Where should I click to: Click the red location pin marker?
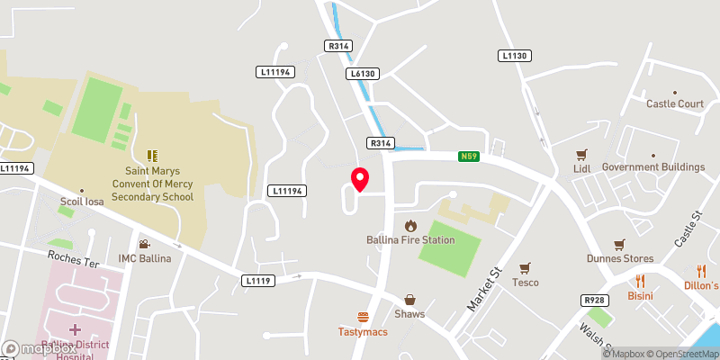coord(359,178)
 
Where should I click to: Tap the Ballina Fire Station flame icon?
coord(411,225)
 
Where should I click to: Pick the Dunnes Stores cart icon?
coord(619,245)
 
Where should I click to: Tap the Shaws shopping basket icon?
coord(409,300)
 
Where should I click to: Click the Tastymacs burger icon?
coord(364,316)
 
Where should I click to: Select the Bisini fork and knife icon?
coord(640,281)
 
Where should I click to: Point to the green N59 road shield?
coord(468,157)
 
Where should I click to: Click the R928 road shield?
coord(593,300)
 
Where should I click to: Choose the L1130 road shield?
coord(515,56)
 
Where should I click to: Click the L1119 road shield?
coord(257,281)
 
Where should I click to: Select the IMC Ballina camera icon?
coord(144,244)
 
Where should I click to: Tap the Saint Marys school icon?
coord(151,156)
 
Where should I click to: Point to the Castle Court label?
coord(675,104)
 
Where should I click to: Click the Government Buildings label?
coord(653,167)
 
